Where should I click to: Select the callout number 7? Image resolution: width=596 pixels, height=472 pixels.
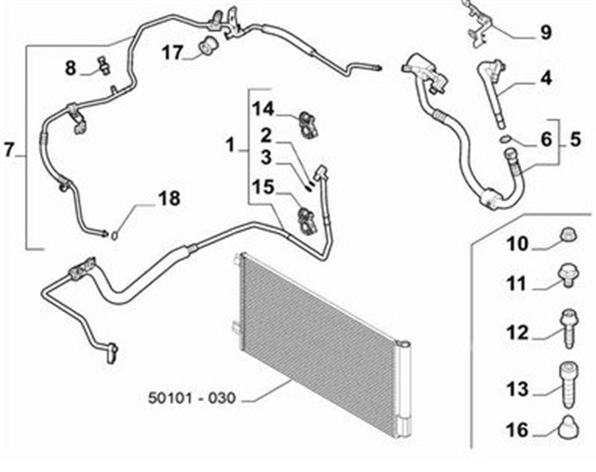pos(9,149)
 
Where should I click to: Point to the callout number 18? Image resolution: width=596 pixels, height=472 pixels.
pos(169,198)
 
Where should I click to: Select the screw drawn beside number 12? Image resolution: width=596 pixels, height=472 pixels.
pos(564,327)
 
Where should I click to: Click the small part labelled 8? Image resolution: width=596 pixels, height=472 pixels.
pos(102,65)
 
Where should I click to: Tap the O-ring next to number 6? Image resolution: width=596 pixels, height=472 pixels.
pos(505,140)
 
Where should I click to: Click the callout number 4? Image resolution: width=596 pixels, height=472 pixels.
pos(546,78)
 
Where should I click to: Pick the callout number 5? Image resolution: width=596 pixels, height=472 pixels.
pos(576,140)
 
